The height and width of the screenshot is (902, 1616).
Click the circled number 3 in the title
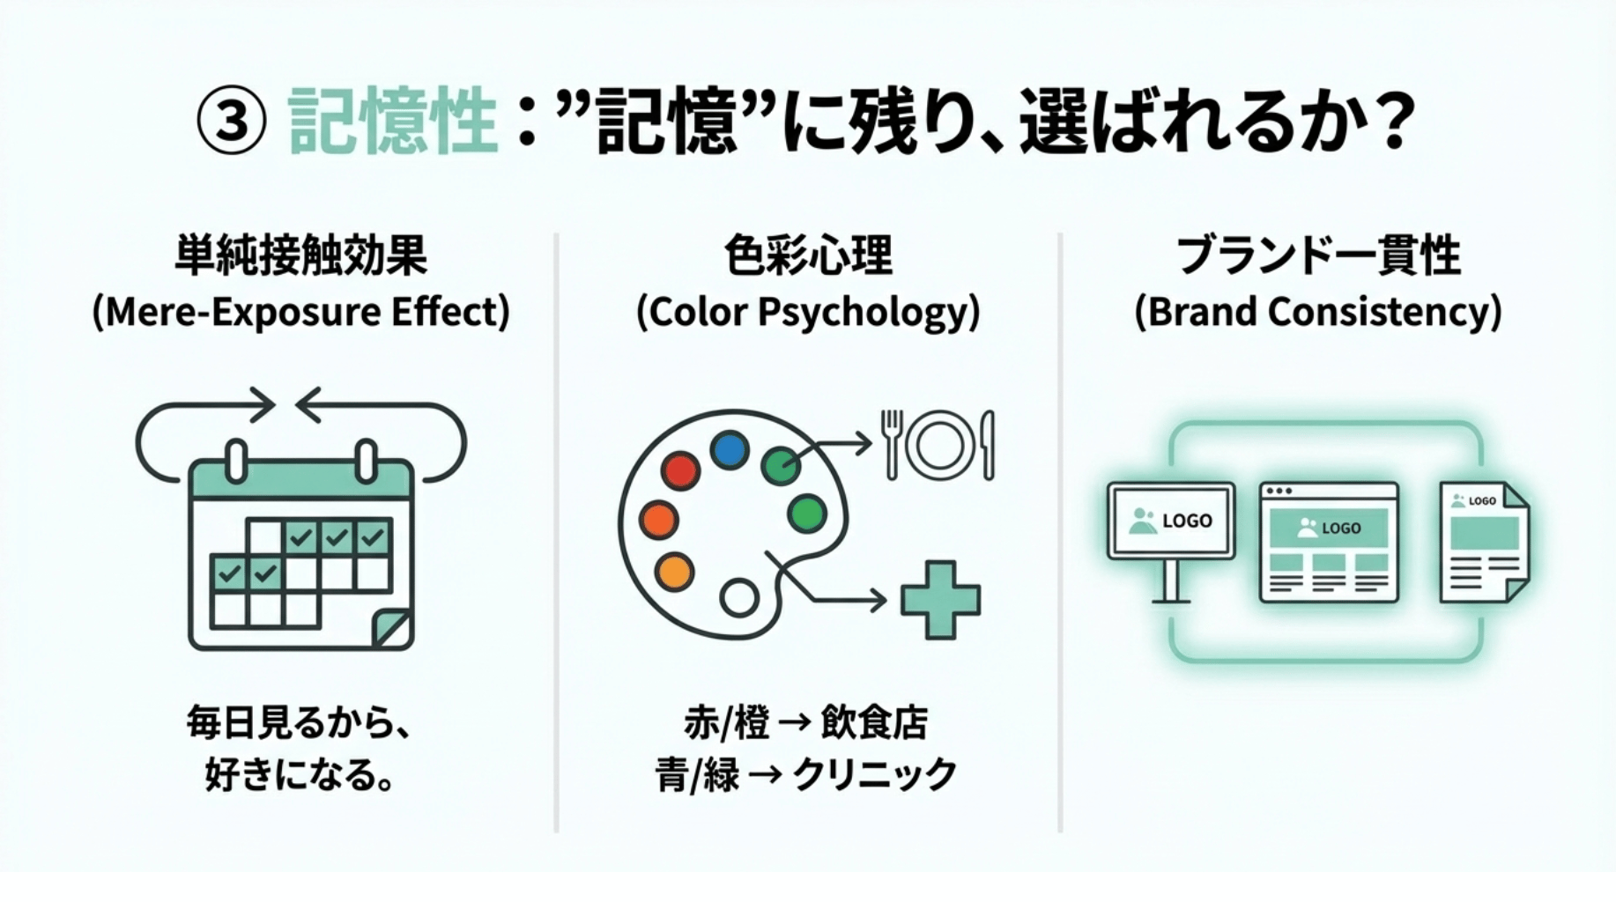[x=231, y=121]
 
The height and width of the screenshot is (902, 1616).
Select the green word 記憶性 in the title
[x=392, y=121]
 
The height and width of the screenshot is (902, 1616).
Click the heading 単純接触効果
[x=301, y=256]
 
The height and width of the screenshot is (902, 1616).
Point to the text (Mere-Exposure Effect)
[x=301, y=312]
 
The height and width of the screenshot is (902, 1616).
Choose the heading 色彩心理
[x=808, y=256]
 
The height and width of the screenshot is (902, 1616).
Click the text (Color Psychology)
[x=808, y=312]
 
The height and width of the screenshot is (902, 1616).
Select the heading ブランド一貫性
[x=1318, y=256]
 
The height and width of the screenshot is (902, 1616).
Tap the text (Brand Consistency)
[x=1318, y=312]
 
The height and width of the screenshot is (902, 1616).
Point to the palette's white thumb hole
[x=738, y=597]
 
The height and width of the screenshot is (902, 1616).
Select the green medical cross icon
[x=940, y=600]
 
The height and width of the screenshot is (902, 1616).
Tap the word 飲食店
[x=874, y=723]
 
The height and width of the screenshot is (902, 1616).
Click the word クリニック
[x=874, y=775]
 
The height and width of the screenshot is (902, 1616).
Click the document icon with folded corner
[x=1484, y=541]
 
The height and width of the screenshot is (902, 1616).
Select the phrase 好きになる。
[x=300, y=775]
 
